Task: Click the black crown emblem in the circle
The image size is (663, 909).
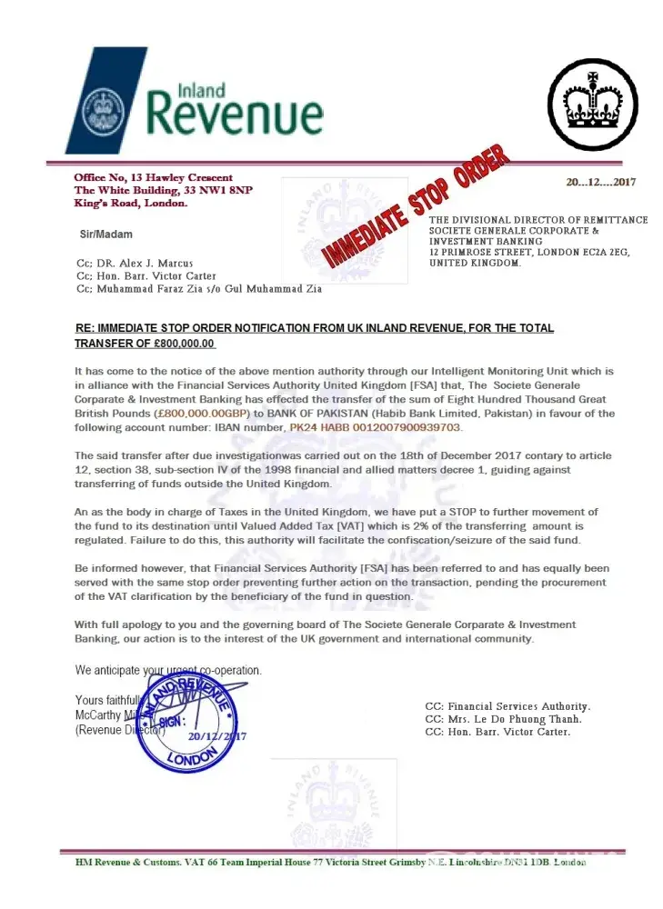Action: pos(593,105)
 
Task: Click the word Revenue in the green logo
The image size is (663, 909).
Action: pos(235,116)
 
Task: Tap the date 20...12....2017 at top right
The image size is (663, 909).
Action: pos(600,183)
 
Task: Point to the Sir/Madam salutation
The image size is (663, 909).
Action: pos(106,235)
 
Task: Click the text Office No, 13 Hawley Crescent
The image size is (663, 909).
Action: pos(153,177)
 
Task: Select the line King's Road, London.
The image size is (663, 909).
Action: pos(131,204)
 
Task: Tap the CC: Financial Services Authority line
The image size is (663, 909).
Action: pos(507,706)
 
